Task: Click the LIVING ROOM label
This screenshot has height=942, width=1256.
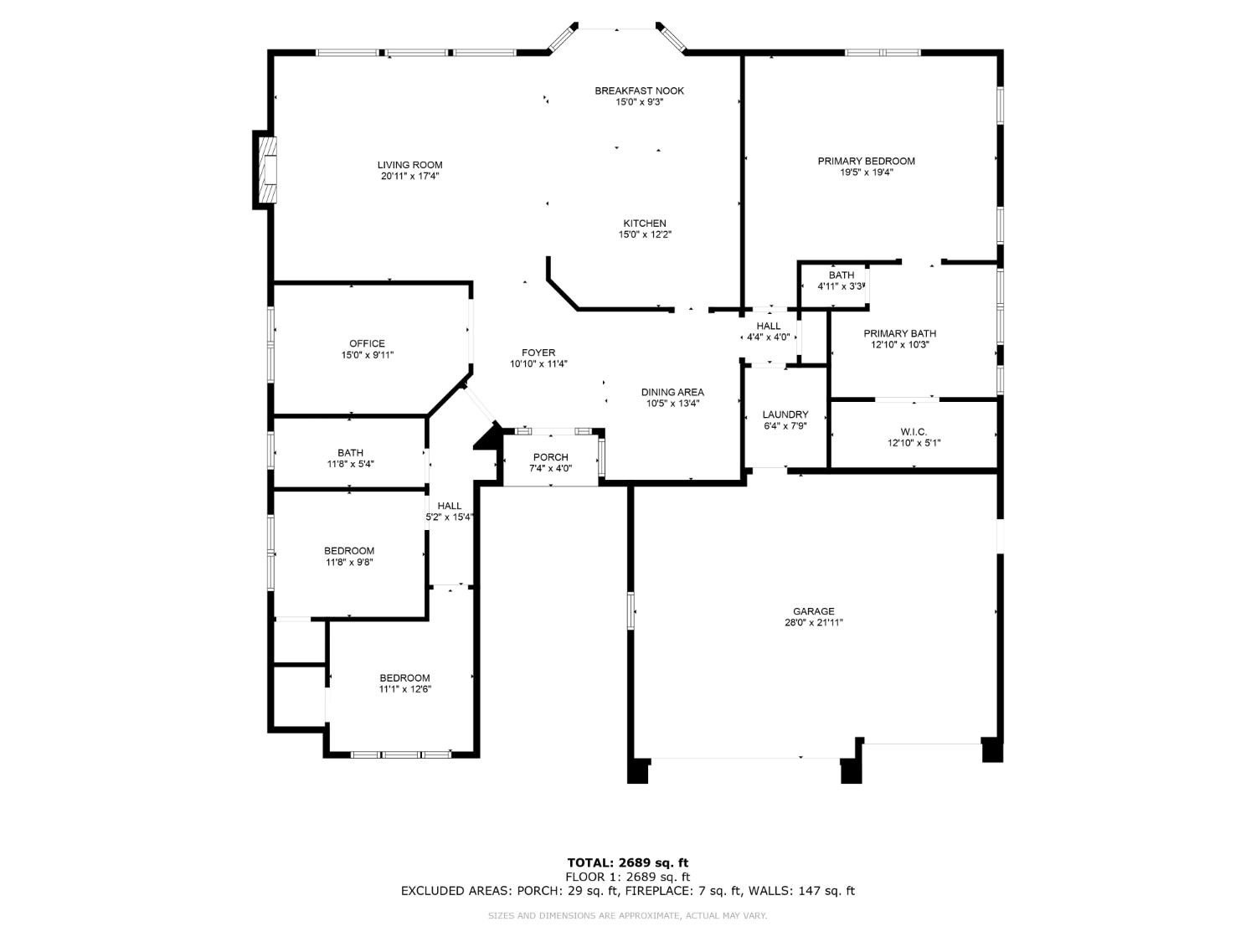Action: tap(409, 165)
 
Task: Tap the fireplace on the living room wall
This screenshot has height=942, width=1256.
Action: tap(267, 170)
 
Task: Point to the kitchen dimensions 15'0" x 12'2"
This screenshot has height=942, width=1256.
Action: tap(644, 235)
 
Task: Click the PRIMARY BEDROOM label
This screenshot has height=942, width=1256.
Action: tap(866, 161)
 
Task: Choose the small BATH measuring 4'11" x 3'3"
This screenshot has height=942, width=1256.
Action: tap(842, 281)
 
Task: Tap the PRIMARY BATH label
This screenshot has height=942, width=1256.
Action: tap(899, 333)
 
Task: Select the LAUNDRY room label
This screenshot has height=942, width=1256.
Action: tap(785, 414)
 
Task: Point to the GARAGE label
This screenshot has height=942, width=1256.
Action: tap(814, 611)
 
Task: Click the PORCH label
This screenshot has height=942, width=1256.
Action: tap(550, 457)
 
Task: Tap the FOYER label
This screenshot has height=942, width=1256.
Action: tap(538, 353)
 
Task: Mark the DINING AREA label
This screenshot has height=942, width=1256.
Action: tap(672, 392)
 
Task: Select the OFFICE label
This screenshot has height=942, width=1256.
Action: tap(367, 343)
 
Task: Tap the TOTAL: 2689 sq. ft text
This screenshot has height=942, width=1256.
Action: tap(627, 862)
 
